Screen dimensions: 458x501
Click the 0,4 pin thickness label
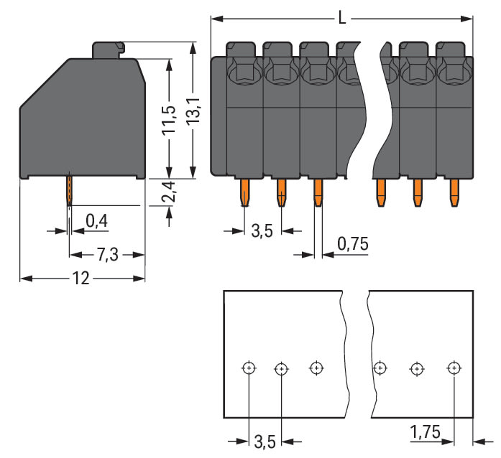pyautogui.click(x=96, y=221)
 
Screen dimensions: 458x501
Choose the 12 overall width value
pyautogui.click(x=81, y=279)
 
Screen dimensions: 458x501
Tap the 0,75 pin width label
pyautogui.click(x=351, y=244)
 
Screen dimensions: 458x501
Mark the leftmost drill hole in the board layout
pyautogui.click(x=248, y=368)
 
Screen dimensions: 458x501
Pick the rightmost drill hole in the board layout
pyautogui.click(x=453, y=368)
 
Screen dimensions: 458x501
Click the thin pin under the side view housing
pyautogui.click(x=69, y=190)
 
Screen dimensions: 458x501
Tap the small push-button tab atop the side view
pyautogui.click(x=109, y=50)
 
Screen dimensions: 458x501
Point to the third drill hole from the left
pyautogui.click(x=316, y=368)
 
